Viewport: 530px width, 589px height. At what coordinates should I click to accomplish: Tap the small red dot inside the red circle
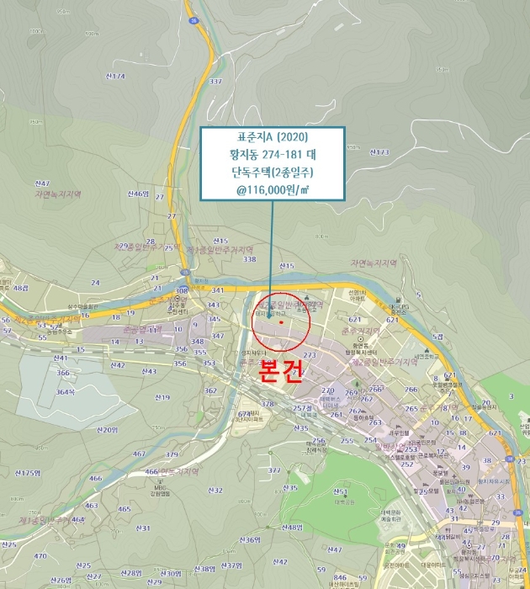pos(280,321)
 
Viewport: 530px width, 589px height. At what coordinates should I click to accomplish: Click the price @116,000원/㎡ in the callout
pos(272,189)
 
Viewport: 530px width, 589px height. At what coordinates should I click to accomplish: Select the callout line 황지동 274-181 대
pos(272,154)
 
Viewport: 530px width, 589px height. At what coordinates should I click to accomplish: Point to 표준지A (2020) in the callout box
pos(272,137)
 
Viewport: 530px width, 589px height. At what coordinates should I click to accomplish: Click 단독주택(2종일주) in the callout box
pos(272,172)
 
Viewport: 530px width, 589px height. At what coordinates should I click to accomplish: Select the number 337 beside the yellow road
pos(215,82)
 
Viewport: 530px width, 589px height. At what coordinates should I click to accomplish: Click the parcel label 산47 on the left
pos(41,183)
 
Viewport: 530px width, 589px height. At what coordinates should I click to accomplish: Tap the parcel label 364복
pos(66,392)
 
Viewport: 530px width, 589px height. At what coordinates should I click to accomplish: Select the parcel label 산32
pos(215,490)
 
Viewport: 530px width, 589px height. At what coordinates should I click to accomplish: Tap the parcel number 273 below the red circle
pos(309,355)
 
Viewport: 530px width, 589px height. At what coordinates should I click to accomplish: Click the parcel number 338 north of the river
pos(249,259)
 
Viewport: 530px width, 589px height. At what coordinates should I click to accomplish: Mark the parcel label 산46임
pos(138,194)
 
